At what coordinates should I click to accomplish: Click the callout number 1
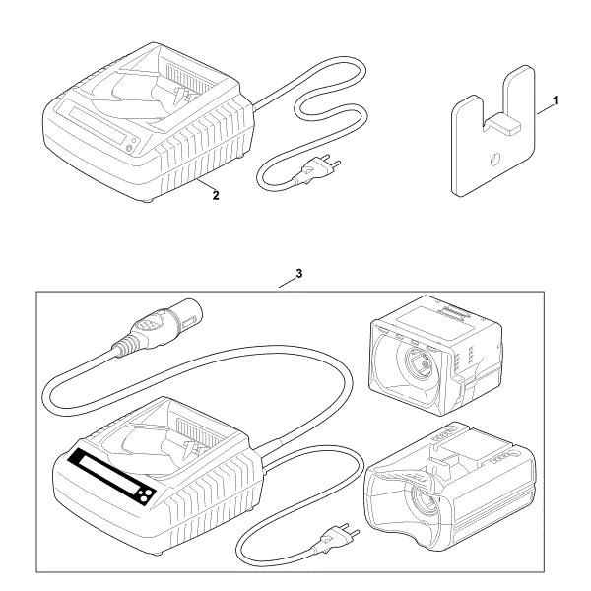(555, 101)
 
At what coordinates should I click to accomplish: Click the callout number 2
(216, 195)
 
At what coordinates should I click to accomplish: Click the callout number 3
(298, 274)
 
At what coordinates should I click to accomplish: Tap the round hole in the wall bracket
(495, 159)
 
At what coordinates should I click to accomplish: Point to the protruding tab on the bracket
(503, 124)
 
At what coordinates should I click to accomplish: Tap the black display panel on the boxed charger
(112, 477)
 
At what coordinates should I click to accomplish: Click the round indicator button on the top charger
(128, 149)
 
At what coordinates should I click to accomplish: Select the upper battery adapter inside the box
(435, 356)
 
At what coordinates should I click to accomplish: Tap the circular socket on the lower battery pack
(424, 502)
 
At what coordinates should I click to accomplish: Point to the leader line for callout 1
(545, 108)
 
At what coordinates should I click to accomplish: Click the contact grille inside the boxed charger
(197, 433)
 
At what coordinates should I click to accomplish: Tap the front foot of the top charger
(148, 200)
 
